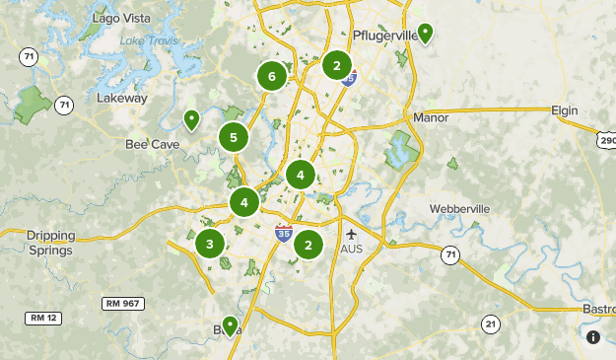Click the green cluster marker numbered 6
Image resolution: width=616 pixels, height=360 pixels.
271,76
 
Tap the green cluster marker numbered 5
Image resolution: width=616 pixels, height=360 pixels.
234,138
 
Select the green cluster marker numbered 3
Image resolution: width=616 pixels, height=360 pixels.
210,244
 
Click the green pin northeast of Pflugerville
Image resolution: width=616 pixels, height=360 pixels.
425,33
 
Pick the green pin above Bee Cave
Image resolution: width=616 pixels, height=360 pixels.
192,119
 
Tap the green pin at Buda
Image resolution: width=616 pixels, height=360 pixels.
230,324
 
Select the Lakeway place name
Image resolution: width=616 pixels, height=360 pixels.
122,98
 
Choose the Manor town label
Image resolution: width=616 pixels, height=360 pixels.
432,117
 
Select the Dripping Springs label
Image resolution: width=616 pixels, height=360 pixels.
50,243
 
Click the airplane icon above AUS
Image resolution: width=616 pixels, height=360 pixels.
353,235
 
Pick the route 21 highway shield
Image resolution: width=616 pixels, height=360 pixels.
491,324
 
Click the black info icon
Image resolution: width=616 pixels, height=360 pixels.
593,337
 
